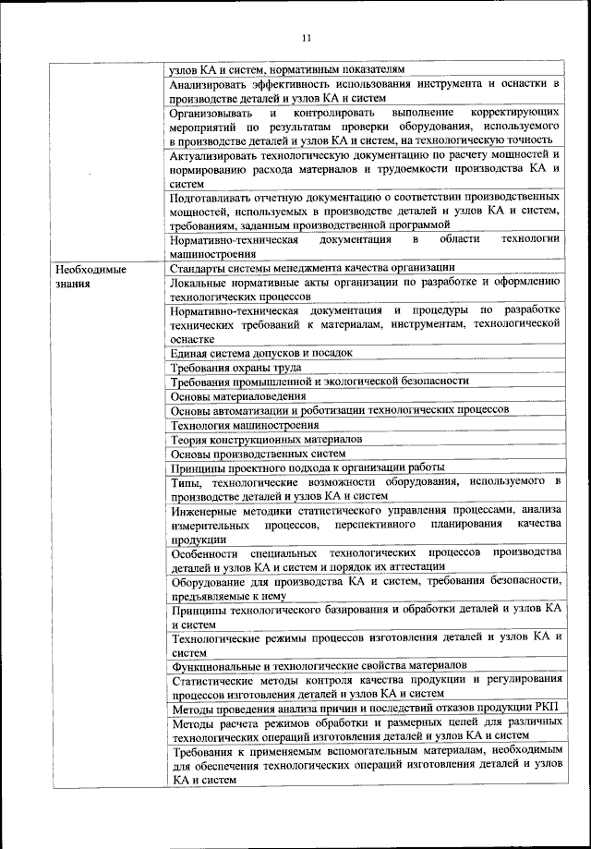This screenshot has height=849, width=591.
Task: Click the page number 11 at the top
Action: click(307, 38)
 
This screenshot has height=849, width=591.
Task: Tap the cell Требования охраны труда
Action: click(235, 367)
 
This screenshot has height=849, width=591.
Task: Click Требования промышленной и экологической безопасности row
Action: click(320, 381)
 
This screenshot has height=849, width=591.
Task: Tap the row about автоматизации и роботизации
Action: click(339, 409)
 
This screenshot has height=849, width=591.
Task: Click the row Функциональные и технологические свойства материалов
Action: click(319, 665)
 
